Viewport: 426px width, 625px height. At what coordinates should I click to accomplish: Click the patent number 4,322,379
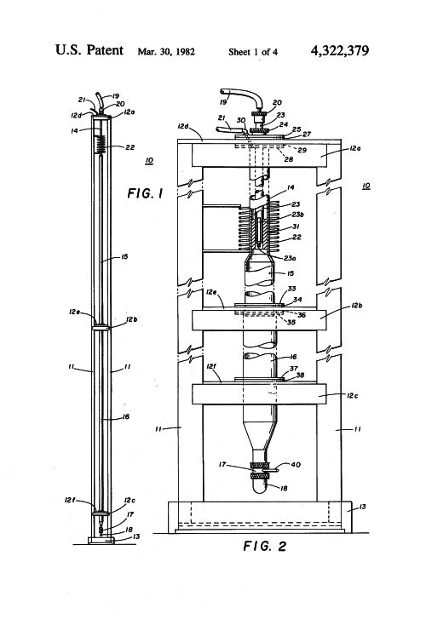pyautogui.click(x=339, y=50)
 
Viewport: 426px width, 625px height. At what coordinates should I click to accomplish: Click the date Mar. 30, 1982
pyautogui.click(x=166, y=52)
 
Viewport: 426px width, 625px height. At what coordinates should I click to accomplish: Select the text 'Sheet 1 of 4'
pyautogui.click(x=253, y=52)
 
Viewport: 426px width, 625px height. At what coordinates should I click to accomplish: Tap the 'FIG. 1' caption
pyautogui.click(x=145, y=193)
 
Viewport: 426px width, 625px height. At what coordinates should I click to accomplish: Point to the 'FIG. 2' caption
pyautogui.click(x=265, y=546)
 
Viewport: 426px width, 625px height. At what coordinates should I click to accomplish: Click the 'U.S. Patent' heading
pyautogui.click(x=89, y=50)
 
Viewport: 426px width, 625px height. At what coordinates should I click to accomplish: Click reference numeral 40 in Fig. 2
pyautogui.click(x=296, y=464)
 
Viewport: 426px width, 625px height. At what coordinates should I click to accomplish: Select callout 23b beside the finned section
pyautogui.click(x=298, y=215)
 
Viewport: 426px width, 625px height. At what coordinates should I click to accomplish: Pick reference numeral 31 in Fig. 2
pyautogui.click(x=296, y=226)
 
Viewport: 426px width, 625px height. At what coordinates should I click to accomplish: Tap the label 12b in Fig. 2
pyautogui.click(x=357, y=306)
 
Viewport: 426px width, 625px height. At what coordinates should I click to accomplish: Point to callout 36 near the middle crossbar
pyautogui.click(x=302, y=315)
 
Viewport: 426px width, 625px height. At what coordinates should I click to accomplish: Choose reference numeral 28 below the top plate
pyautogui.click(x=288, y=159)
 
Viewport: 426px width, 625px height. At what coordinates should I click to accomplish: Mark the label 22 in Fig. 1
pyautogui.click(x=130, y=147)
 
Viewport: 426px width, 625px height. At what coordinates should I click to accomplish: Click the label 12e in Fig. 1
pyautogui.click(x=74, y=312)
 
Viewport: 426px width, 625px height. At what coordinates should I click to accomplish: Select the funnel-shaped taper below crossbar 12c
pyautogui.click(x=260, y=435)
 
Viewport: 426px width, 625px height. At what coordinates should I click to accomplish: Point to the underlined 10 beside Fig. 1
pyautogui.click(x=149, y=161)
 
